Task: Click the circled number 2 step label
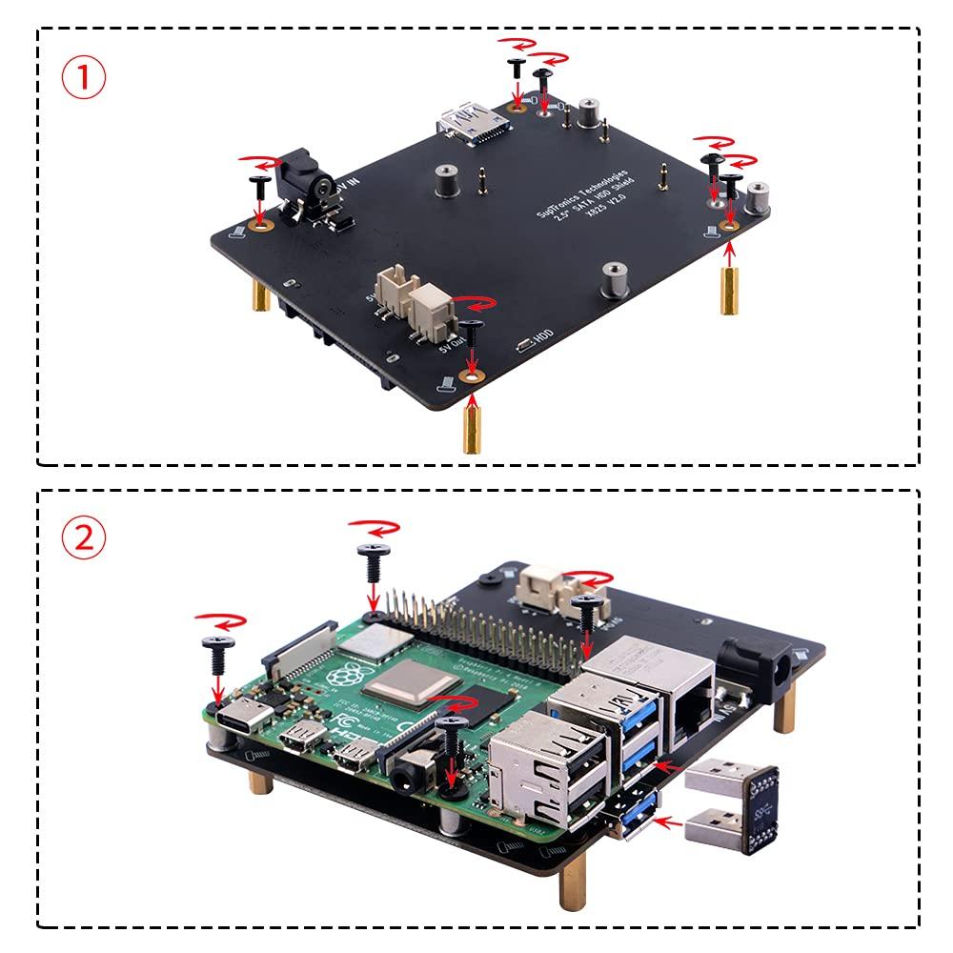(84, 538)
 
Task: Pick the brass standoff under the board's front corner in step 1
(471, 426)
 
